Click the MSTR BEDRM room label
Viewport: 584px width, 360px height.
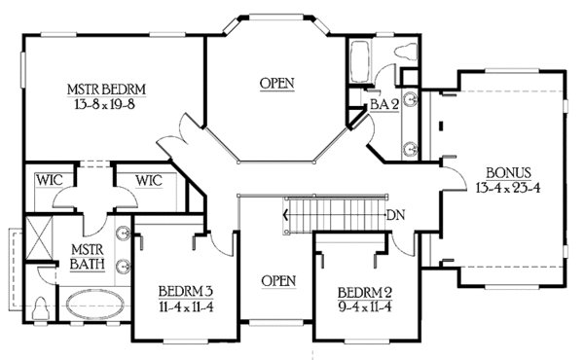tap(108, 90)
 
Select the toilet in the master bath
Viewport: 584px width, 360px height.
tap(40, 306)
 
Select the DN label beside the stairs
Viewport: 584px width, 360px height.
tap(395, 215)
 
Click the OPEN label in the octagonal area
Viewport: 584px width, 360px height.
tap(277, 83)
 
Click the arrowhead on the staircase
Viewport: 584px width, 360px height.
tap(285, 215)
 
